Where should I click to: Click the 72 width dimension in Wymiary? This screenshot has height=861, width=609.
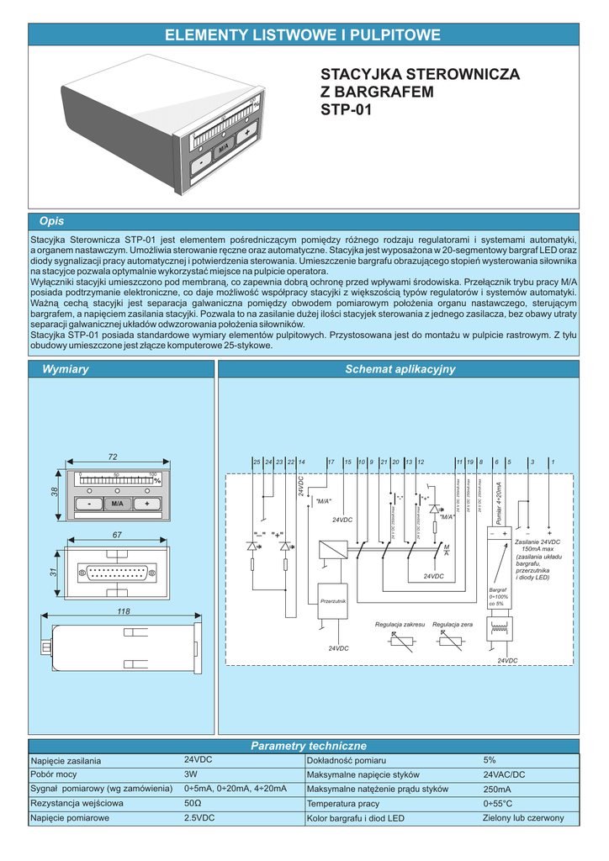(x=112, y=456)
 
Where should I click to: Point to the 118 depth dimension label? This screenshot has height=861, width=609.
(x=124, y=611)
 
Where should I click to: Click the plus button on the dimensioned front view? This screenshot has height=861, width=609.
(x=146, y=503)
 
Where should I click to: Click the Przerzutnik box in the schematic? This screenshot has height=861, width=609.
(x=333, y=602)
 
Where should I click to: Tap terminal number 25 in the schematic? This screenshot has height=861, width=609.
(x=257, y=462)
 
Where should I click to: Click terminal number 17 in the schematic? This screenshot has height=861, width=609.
(x=331, y=462)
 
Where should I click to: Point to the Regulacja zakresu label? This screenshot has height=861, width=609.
(x=400, y=625)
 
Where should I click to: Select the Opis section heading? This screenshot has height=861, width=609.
(x=51, y=221)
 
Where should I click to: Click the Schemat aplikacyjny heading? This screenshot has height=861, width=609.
(x=400, y=369)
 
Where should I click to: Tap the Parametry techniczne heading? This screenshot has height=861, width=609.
(x=309, y=746)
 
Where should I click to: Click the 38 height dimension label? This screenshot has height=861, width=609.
(x=55, y=492)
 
